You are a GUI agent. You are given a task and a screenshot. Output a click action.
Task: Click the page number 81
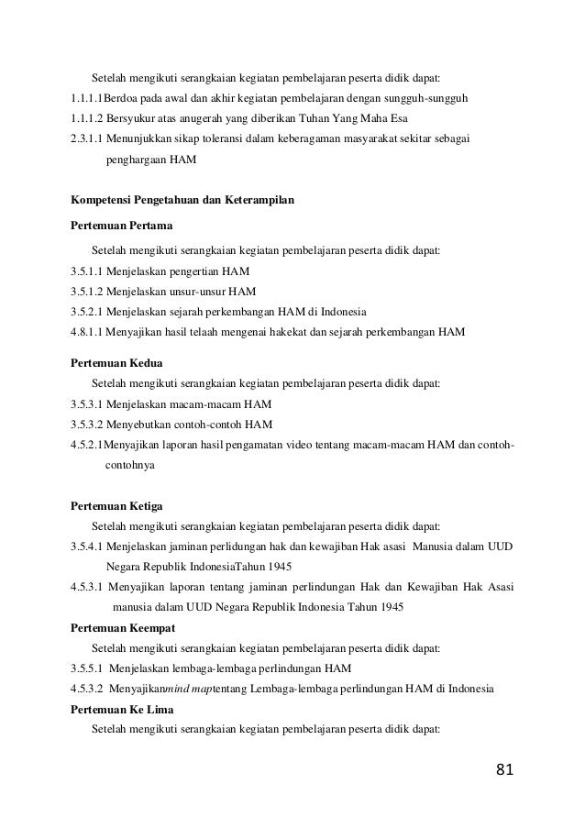pos(504,768)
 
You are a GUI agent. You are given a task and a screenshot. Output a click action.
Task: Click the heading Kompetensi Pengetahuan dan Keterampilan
pos(182,198)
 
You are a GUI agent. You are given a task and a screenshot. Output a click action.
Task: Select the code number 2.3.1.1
pos(87,138)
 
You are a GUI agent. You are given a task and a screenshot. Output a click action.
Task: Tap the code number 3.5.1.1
pos(87,271)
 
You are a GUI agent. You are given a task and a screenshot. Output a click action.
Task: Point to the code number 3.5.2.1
pos(87,312)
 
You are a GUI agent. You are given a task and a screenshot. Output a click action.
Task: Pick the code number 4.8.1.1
pos(87,332)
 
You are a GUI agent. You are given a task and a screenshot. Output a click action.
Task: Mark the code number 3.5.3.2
pos(87,424)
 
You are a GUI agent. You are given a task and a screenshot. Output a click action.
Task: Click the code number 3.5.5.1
pos(87,667)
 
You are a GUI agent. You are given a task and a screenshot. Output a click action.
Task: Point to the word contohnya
pos(130,465)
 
